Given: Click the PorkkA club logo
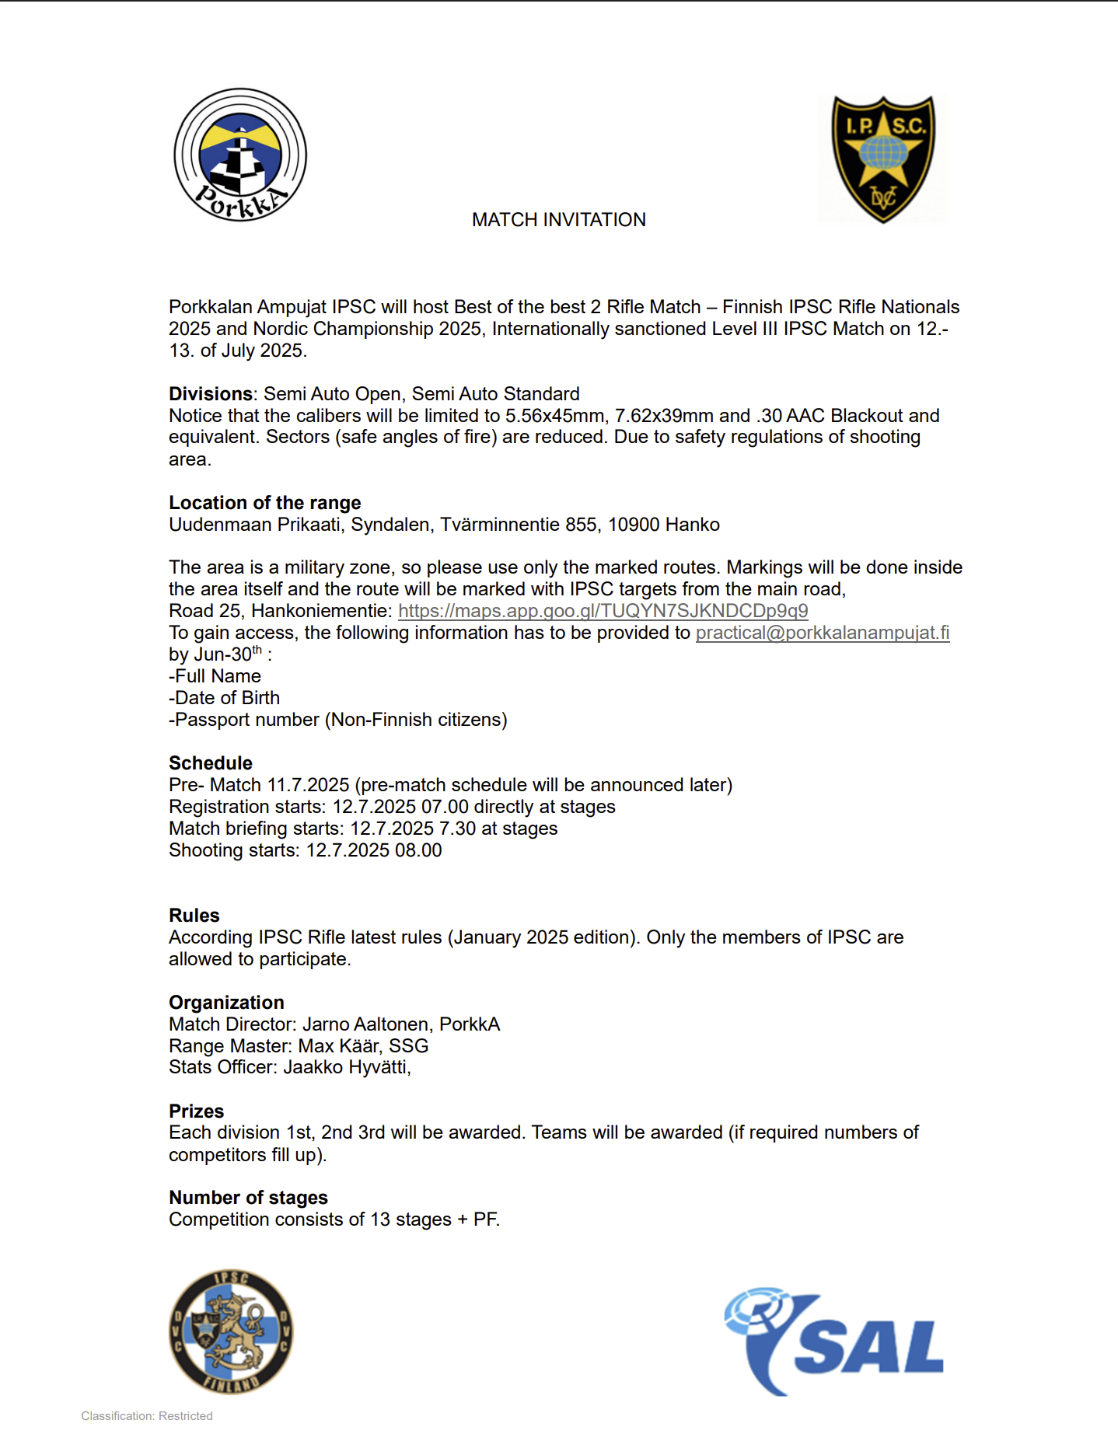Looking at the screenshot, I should pyautogui.click(x=240, y=155).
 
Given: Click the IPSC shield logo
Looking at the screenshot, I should pyautogui.click(x=883, y=159).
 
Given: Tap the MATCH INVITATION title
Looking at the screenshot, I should pyautogui.click(x=558, y=220).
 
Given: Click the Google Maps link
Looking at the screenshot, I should pyautogui.click(x=603, y=611).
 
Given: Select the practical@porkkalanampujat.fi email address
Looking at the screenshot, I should pyautogui.click(x=822, y=633).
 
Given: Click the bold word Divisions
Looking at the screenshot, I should pyautogui.click(x=210, y=394).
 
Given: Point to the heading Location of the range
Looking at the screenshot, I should pyautogui.click(x=264, y=503).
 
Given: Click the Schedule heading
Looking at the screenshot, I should pyautogui.click(x=210, y=763).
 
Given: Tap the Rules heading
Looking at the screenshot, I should pyautogui.click(x=194, y=916).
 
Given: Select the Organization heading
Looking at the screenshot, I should pyautogui.click(x=226, y=1003).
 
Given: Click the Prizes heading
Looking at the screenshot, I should pyautogui.click(x=196, y=1111).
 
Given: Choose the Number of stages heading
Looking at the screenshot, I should pyautogui.click(x=248, y=1198).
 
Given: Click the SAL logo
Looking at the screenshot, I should pyautogui.click(x=833, y=1341).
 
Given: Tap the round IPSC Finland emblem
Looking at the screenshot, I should pyautogui.click(x=231, y=1331).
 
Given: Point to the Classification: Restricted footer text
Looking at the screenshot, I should pyautogui.click(x=147, y=1416).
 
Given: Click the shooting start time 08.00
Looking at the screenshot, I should pyautogui.click(x=418, y=850).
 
